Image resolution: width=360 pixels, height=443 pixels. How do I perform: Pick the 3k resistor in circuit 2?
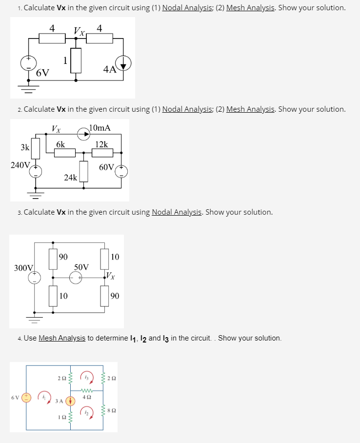(x=35, y=146)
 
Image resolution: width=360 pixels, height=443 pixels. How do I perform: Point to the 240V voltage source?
(x=35, y=171)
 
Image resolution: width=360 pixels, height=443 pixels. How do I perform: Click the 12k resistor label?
(x=102, y=144)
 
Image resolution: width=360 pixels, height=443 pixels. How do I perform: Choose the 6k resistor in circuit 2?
(x=64, y=153)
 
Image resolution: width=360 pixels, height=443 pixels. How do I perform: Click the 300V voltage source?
(x=34, y=277)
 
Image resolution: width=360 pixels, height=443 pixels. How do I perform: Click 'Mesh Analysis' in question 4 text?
(x=61, y=338)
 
